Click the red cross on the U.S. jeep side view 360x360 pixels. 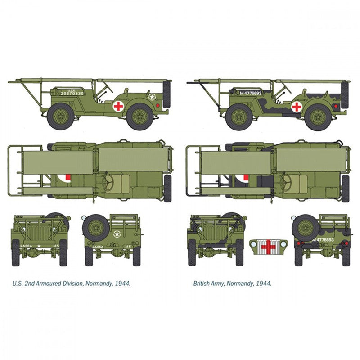(x=118, y=106)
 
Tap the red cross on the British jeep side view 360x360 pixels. (x=297, y=107)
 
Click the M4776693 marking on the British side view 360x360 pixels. (x=251, y=93)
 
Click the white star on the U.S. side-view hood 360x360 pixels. (x=153, y=96)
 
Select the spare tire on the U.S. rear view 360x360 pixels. (x=95, y=227)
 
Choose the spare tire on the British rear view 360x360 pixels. (x=305, y=227)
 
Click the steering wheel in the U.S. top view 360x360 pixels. (x=110, y=181)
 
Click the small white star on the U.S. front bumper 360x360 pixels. (x=39, y=246)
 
